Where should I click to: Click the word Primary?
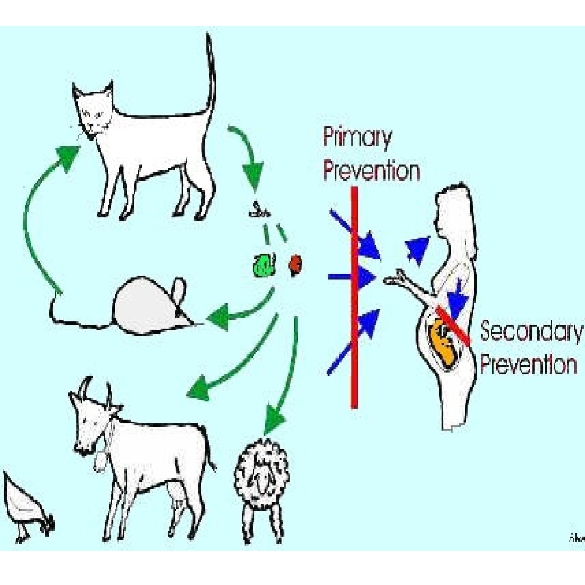tap(357, 139)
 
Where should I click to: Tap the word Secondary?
tap(531, 331)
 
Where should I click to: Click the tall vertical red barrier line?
tap(354, 297)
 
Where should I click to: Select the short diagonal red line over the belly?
tap(453, 325)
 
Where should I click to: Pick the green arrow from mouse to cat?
tap(37, 211)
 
